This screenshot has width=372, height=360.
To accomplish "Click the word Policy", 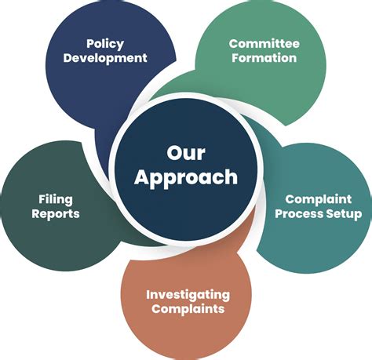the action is [105, 44].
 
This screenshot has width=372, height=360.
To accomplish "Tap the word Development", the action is [105, 58].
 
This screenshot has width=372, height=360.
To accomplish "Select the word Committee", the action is [264, 43].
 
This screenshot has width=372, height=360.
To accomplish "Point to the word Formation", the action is [264, 57].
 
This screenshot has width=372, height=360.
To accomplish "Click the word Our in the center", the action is [186, 153].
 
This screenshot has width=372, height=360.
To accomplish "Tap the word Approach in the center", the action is [186, 178].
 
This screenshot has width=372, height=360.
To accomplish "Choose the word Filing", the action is [56, 200].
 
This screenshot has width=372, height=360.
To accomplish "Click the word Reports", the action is [56, 214].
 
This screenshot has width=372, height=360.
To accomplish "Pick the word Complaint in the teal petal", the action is [319, 200].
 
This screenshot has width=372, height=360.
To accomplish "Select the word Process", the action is [296, 213].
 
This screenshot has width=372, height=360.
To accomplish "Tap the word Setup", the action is [341, 214].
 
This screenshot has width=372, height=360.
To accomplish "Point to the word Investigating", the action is [188, 295].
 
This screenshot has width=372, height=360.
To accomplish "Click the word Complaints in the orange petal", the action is [188, 309].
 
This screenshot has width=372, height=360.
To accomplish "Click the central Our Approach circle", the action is [186, 169].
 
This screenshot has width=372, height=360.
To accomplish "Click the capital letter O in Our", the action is [175, 153].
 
